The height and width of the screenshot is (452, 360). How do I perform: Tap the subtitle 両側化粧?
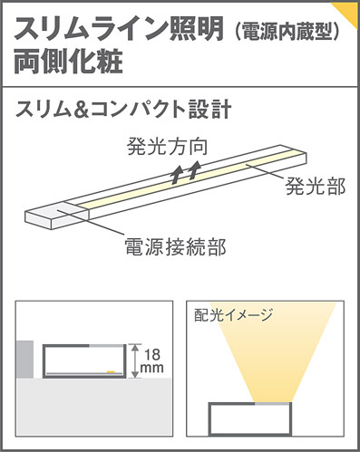pyautogui.click(x=67, y=64)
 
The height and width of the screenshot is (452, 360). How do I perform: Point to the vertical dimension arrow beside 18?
pyautogui.click(x=133, y=360)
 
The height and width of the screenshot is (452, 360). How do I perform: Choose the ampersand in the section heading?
pyautogui.click(x=87, y=111)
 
